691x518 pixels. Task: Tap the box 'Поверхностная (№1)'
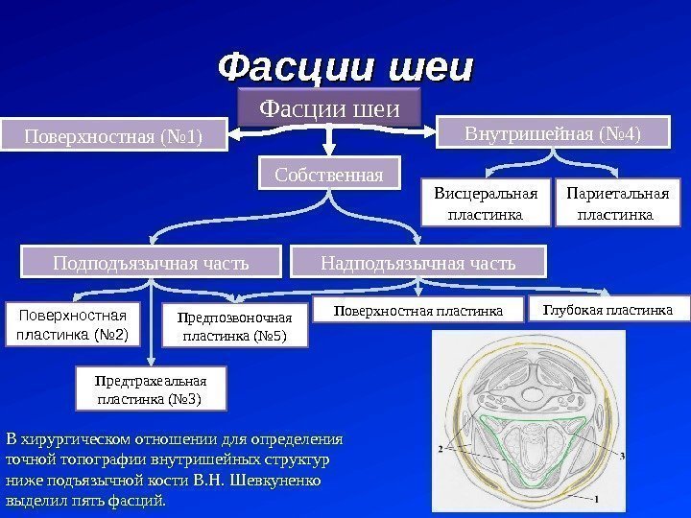(x=113, y=136)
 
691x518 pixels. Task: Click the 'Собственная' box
(x=328, y=175)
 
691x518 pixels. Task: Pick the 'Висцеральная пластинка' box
(x=487, y=205)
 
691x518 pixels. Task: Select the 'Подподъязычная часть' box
(x=151, y=261)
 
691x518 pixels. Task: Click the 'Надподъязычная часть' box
(x=417, y=261)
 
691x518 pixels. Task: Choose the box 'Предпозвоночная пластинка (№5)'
(x=234, y=326)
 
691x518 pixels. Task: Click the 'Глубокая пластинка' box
(x=608, y=310)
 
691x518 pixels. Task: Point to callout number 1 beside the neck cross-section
(x=596, y=500)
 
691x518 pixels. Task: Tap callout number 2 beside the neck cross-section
(x=439, y=448)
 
